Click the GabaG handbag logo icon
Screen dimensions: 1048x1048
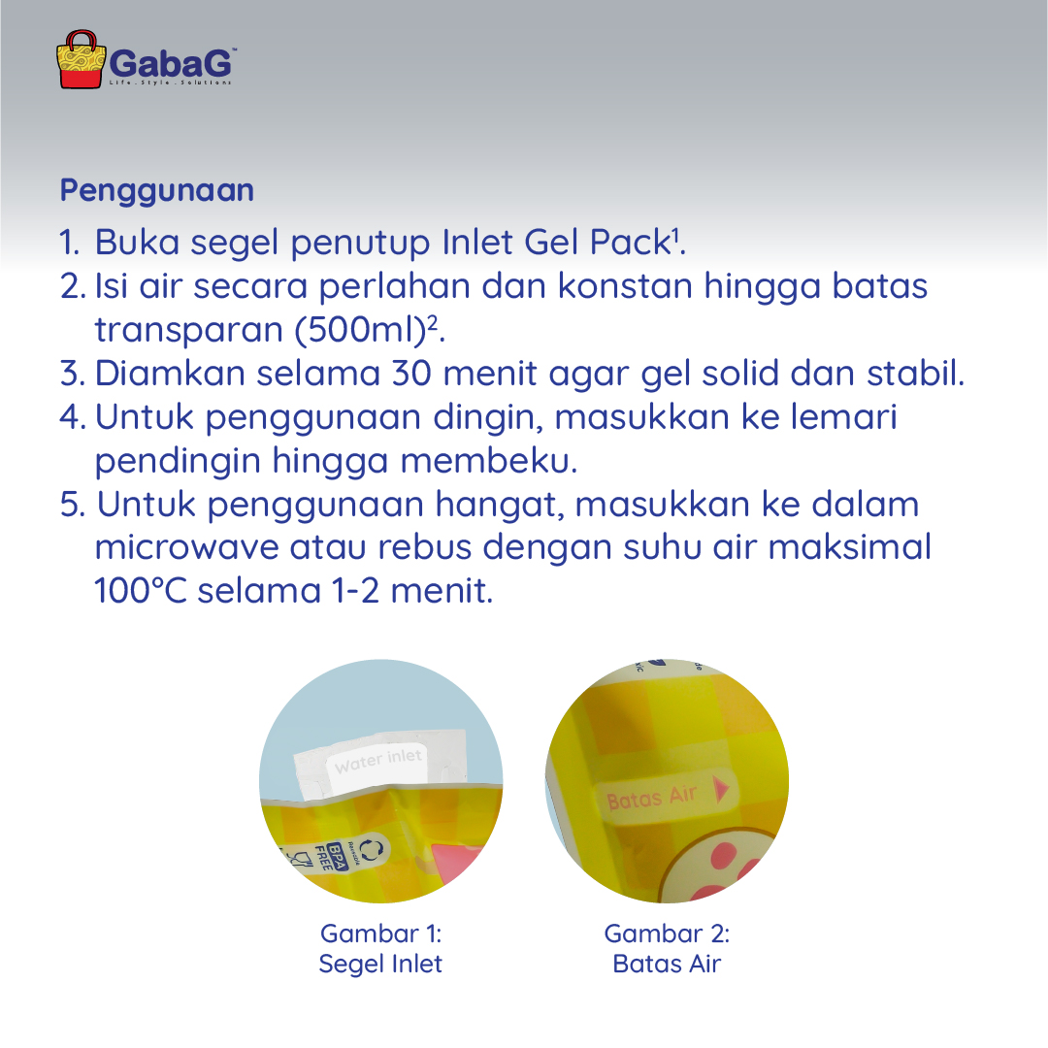point(82,60)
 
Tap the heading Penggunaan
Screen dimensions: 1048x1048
point(157,190)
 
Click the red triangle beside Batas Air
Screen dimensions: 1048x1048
point(720,791)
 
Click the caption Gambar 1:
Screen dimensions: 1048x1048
point(380,933)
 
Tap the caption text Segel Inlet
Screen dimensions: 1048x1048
point(380,965)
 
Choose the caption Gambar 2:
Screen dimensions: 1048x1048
point(667,933)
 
